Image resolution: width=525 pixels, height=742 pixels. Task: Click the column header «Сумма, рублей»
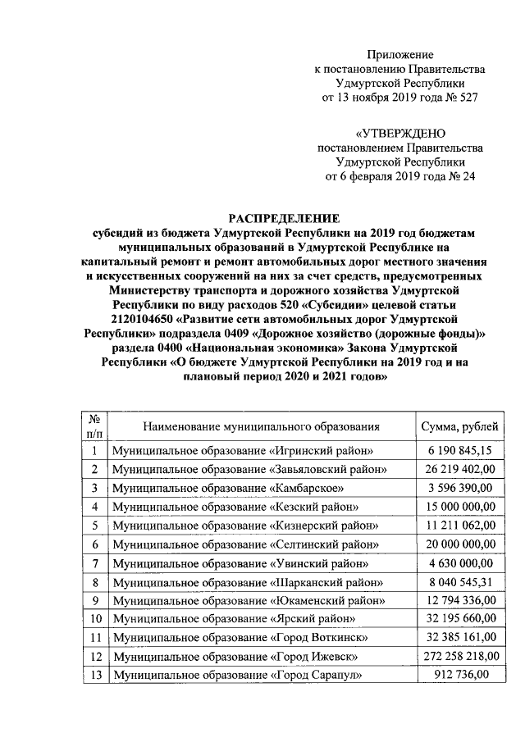[459, 426]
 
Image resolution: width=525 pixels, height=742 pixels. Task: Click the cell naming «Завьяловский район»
[250, 469]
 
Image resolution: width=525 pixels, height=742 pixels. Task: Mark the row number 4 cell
[95, 507]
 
